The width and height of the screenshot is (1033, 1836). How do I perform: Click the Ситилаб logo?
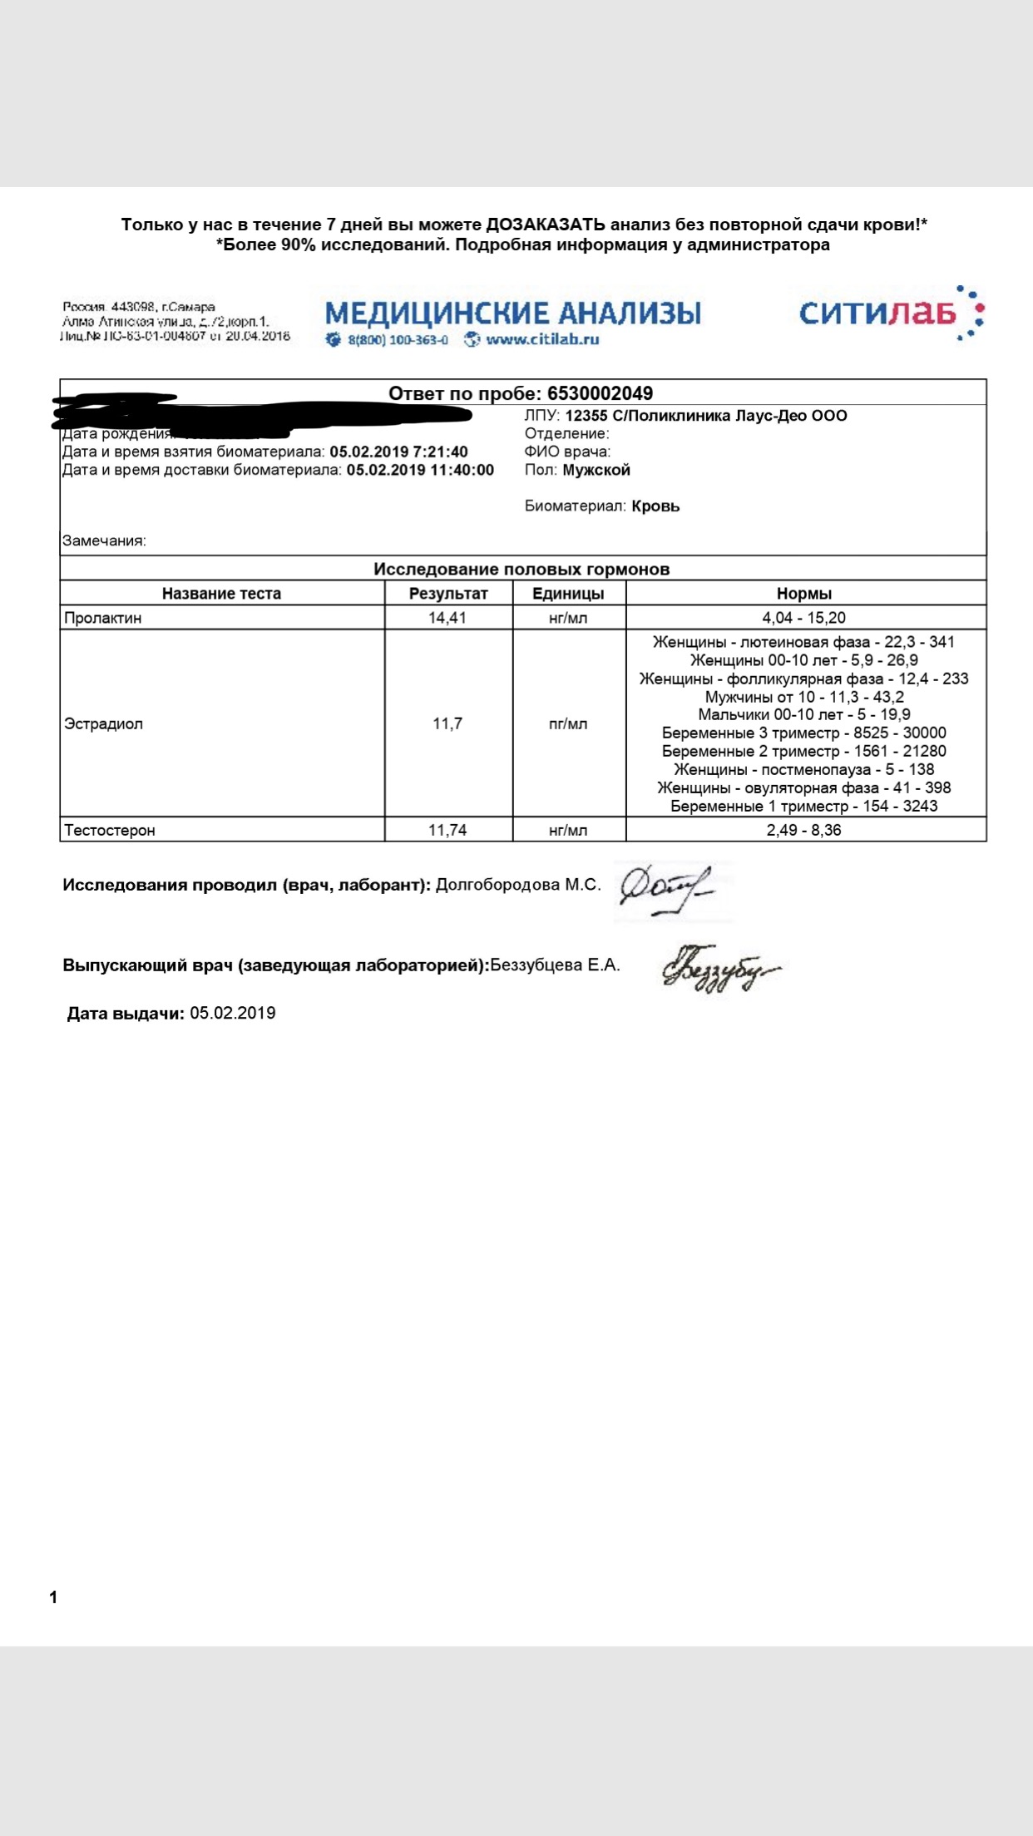click(890, 313)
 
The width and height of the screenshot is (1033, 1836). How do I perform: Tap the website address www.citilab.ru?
click(542, 339)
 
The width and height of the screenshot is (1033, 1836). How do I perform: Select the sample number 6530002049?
click(600, 393)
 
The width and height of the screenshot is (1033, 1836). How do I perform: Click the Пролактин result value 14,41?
click(447, 618)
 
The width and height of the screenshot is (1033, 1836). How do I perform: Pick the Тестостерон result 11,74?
click(447, 830)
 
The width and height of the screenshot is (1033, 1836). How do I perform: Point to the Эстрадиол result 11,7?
click(447, 723)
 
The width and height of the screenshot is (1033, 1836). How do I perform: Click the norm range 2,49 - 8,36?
click(803, 830)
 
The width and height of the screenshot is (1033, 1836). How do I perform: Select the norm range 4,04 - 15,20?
click(803, 618)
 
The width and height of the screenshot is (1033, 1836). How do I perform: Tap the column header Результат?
click(448, 594)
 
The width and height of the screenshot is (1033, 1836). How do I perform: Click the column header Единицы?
click(568, 594)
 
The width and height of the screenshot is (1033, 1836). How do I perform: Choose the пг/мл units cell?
click(568, 723)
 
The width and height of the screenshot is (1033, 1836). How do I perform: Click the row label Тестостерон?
click(110, 830)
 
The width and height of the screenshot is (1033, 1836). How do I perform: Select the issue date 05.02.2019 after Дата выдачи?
click(233, 1013)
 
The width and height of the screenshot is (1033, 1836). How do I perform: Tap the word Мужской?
click(596, 470)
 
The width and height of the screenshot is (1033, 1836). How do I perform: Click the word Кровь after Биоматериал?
click(655, 506)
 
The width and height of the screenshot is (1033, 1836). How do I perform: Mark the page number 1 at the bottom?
click(53, 1597)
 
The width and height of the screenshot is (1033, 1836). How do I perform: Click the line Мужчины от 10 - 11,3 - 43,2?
click(803, 697)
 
